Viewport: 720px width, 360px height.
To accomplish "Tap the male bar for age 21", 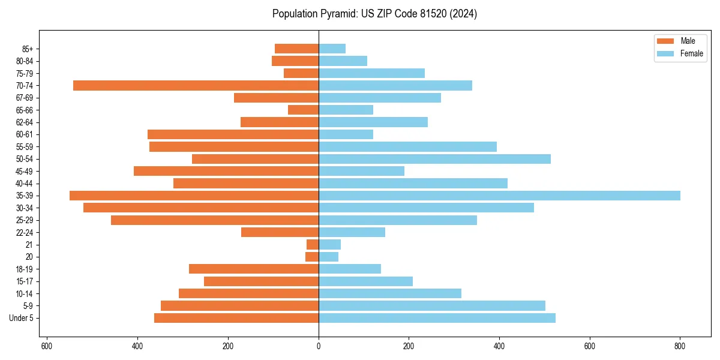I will point(313,244).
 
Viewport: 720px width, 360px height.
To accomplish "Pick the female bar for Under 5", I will point(437,318).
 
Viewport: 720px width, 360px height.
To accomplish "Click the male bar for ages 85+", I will point(296,49).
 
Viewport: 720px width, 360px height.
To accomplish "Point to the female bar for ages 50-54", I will point(434,159).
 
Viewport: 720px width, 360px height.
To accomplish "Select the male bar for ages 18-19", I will point(254,269).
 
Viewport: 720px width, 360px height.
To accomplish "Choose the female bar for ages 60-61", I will point(346,134).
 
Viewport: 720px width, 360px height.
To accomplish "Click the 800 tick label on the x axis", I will point(680,346).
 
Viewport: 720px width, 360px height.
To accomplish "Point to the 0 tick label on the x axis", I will point(319,346).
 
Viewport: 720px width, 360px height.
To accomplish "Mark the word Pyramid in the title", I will point(337,14).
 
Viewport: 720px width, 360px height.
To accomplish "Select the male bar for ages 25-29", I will point(215,220).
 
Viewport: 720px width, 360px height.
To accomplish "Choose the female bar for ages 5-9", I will point(432,305).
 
